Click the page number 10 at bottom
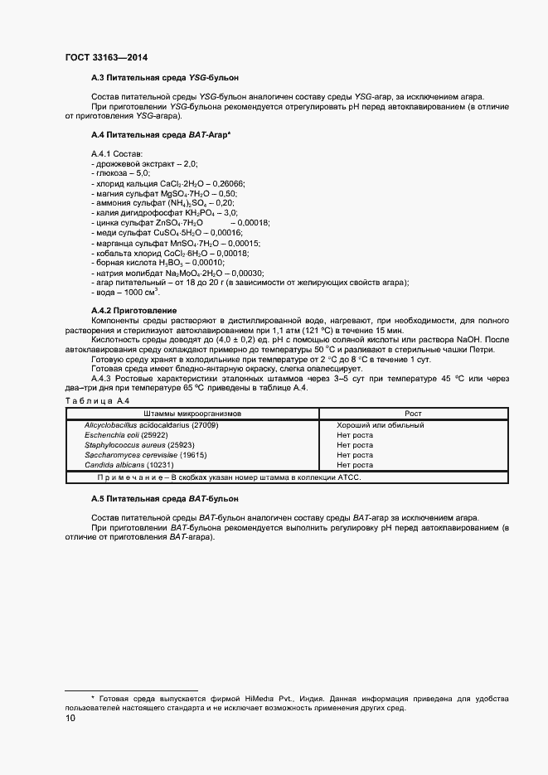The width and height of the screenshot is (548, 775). click(70, 719)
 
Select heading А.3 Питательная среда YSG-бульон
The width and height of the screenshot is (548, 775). click(164, 77)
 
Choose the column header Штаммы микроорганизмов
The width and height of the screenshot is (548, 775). click(192, 414)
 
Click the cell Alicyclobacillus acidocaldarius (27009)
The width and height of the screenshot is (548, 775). click(151, 425)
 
